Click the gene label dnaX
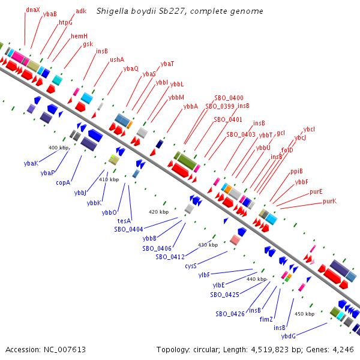click(x=33, y=10)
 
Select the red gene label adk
click(x=81, y=11)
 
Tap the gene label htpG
click(x=65, y=22)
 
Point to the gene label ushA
click(x=116, y=59)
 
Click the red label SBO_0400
click(x=229, y=98)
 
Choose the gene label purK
click(x=329, y=201)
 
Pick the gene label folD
click(x=287, y=150)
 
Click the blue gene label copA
click(x=64, y=182)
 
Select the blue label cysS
click(x=191, y=265)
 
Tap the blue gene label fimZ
click(x=266, y=319)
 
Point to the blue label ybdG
click(x=289, y=335)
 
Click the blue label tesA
click(x=124, y=221)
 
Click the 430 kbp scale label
click(x=208, y=245)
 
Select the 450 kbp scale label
click(x=305, y=313)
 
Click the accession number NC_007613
click(x=45, y=349)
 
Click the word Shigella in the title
click(x=113, y=11)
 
